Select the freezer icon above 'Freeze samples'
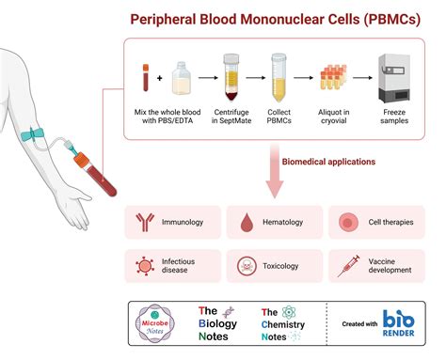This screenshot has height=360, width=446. pos(392,74)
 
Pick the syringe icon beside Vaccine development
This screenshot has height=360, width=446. pos(346,265)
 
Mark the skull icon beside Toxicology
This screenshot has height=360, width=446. pos(247,266)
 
